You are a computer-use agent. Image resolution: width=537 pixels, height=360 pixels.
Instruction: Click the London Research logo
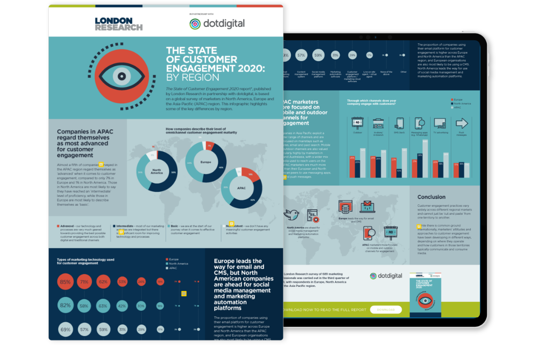click(118, 24)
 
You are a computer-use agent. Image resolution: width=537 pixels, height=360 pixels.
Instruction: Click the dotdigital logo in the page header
click(217, 23)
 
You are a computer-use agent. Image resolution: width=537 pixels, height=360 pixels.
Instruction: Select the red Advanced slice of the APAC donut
click(247, 175)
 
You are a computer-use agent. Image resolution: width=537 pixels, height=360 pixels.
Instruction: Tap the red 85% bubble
click(65, 282)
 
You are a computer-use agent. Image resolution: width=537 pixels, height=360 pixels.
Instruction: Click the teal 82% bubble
click(65, 305)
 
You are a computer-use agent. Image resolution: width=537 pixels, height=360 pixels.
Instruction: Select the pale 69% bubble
click(65, 329)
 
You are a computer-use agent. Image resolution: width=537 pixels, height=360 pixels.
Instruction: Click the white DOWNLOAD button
click(385, 310)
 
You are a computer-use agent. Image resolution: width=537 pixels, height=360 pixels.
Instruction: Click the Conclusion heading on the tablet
click(431, 197)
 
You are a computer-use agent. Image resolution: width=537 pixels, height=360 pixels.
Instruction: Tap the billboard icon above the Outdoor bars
click(356, 123)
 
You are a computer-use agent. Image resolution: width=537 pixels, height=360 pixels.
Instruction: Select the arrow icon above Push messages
click(462, 123)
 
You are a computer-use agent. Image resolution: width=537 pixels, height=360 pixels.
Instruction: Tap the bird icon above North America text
click(292, 214)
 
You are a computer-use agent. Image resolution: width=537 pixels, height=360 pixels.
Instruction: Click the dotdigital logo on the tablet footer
click(386, 276)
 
